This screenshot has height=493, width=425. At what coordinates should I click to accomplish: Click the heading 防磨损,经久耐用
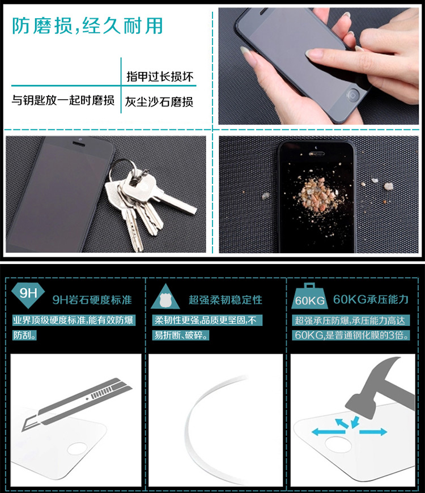coord(87,25)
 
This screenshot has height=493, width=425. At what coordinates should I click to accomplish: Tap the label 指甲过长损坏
coord(160,76)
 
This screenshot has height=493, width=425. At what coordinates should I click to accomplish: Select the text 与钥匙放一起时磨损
coord(63,100)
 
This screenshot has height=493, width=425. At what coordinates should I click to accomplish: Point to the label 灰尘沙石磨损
coord(159,101)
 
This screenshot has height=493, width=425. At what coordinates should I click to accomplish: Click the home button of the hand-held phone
coord(352,94)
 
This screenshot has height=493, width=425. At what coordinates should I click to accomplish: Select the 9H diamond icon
coord(28,294)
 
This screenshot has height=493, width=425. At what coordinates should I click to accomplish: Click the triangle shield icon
coord(165,296)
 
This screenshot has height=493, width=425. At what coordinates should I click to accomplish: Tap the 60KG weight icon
coord(309,296)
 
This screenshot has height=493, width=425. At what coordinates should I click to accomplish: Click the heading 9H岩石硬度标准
coord(92,300)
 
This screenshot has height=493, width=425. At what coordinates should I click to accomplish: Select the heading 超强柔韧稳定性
coord(226,300)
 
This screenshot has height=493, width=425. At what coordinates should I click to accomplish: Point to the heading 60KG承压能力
coord(371,299)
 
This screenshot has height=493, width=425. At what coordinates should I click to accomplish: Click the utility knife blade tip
coord(22,431)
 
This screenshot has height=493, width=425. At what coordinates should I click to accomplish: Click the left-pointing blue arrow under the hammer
coord(328,432)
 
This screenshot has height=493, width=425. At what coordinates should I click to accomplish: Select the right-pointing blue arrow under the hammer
coord(373,432)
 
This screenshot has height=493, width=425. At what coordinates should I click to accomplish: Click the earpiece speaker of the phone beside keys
coord(78,144)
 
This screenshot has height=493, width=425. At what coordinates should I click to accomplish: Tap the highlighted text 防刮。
coord(24,335)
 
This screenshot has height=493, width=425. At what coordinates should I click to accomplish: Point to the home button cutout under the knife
coord(77,448)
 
